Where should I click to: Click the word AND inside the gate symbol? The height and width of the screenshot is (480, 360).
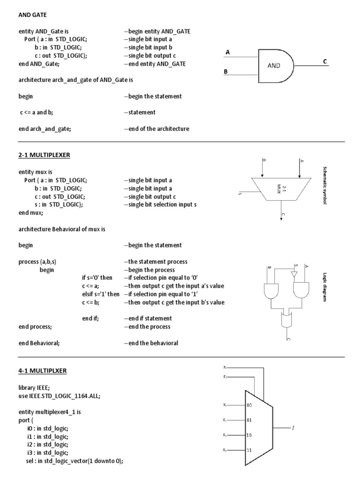click(x=274, y=66)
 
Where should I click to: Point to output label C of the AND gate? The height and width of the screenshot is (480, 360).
click(x=325, y=61)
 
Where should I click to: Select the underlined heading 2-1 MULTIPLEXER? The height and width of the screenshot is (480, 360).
click(x=44, y=156)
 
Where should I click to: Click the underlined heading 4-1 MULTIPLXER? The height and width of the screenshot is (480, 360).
click(x=43, y=371)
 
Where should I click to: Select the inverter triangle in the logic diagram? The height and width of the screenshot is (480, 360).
click(x=294, y=274)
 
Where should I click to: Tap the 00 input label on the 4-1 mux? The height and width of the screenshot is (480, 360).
click(x=249, y=405)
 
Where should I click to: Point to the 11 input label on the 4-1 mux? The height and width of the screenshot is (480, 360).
click(x=249, y=450)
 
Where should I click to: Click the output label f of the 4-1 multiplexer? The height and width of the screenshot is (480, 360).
click(x=293, y=427)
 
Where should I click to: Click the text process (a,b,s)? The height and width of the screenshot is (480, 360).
click(x=41, y=262)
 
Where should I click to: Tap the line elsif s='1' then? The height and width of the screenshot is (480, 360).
click(x=100, y=294)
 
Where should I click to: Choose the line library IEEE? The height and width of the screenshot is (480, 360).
click(x=35, y=388)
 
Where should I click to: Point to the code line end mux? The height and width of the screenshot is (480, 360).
click(x=31, y=213)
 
